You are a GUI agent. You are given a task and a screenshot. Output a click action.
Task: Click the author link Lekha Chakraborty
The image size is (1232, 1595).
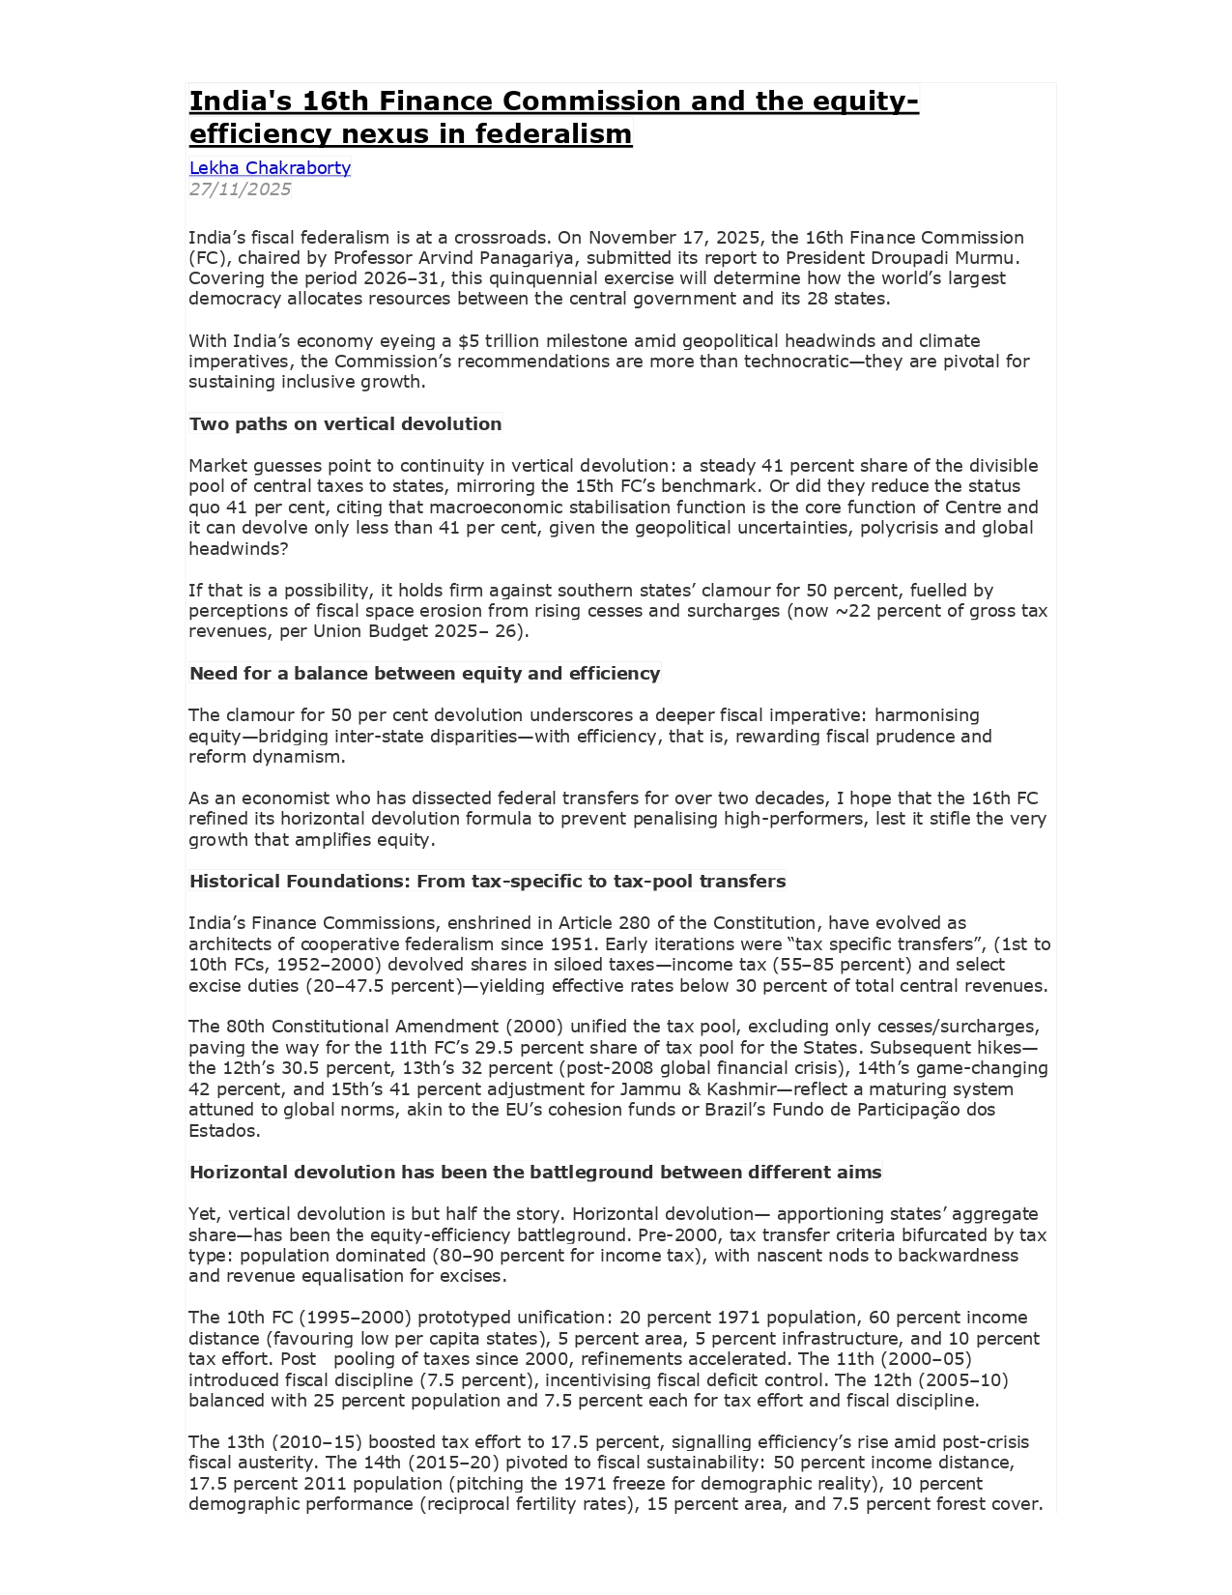pyautogui.click(x=270, y=168)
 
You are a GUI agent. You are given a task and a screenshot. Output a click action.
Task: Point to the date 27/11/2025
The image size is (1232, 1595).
pyautogui.click(x=240, y=189)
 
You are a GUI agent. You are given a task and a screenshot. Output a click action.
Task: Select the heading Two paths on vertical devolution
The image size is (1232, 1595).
pyautogui.click(x=345, y=424)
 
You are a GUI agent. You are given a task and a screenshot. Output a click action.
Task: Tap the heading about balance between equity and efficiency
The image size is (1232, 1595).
pyautogui.click(x=424, y=674)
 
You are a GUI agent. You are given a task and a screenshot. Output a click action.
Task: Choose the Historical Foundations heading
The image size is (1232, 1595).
pyautogui.click(x=487, y=882)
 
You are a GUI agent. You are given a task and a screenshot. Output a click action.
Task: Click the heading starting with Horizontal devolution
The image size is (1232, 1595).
pyautogui.click(x=535, y=1173)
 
